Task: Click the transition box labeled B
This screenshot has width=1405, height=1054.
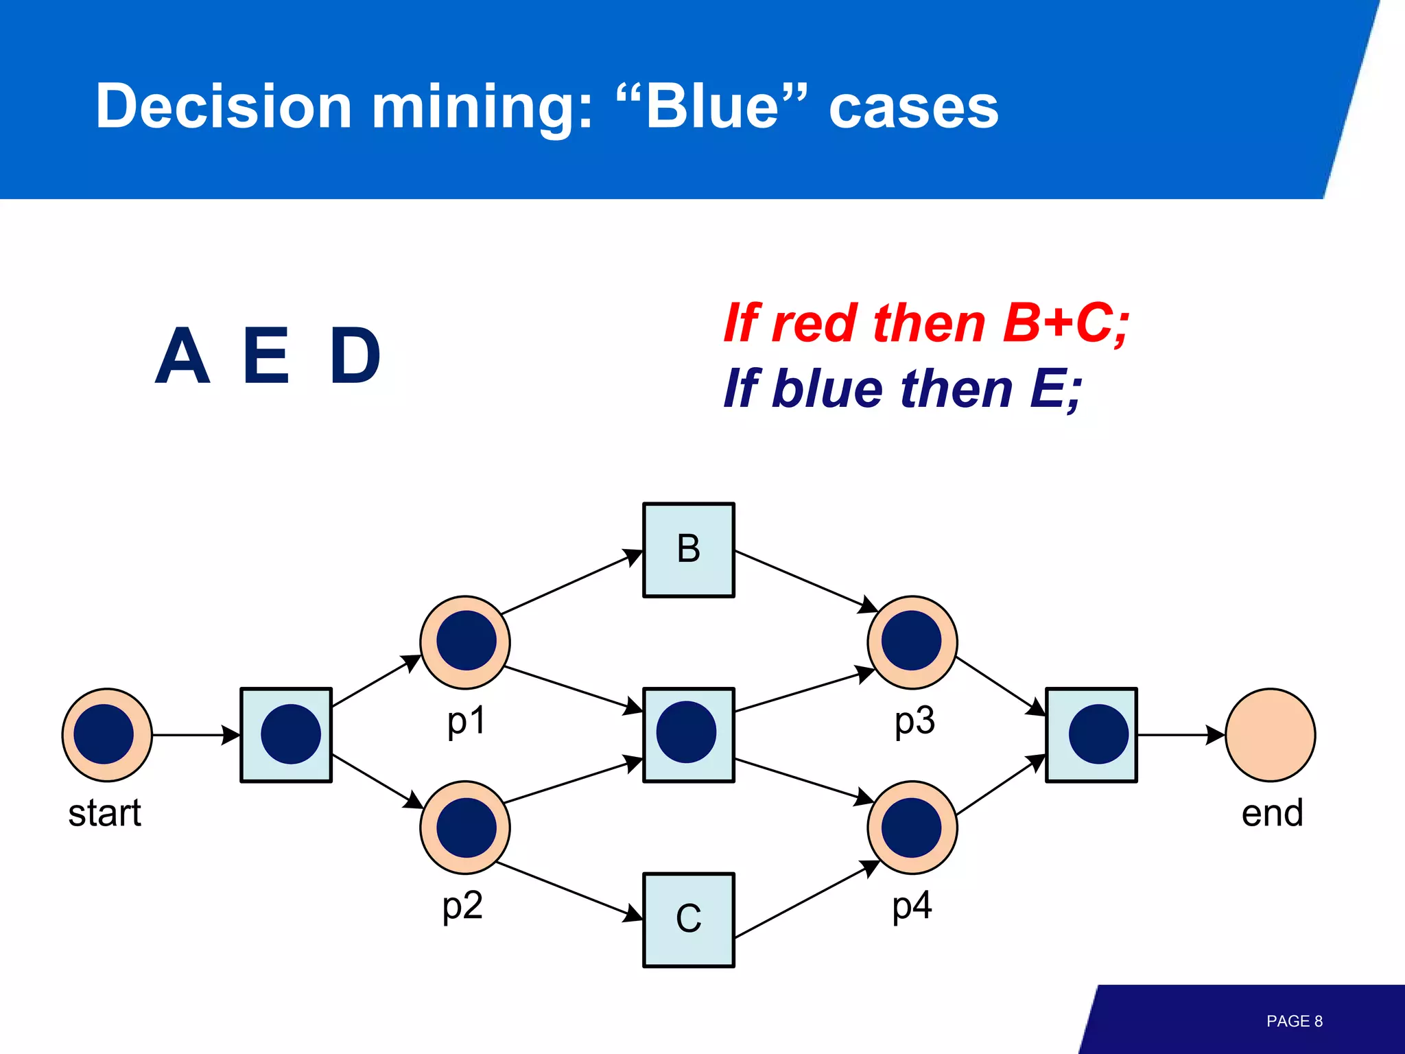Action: (x=688, y=550)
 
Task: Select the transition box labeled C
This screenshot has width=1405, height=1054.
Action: (x=688, y=920)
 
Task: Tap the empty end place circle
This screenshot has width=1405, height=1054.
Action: (x=1270, y=735)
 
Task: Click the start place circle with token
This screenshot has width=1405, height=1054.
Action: (x=106, y=735)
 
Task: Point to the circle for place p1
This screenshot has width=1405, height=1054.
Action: (x=465, y=642)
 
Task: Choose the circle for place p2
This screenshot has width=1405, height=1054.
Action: (x=465, y=827)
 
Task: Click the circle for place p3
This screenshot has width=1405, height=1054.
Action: (x=912, y=642)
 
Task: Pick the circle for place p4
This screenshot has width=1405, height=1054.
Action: (x=912, y=827)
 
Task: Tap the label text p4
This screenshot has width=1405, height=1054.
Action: (x=912, y=906)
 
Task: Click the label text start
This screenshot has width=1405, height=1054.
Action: (x=104, y=813)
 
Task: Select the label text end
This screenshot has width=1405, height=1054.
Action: (x=1272, y=813)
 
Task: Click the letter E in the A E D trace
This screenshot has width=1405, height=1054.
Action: (x=266, y=355)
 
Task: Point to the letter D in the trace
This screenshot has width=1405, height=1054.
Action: (x=355, y=355)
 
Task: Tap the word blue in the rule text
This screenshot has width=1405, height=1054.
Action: (x=827, y=388)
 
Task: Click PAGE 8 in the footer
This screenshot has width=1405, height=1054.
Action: (x=1294, y=1021)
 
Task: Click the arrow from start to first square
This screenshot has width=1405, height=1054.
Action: (x=196, y=735)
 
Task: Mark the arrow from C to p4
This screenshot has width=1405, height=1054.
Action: (x=806, y=900)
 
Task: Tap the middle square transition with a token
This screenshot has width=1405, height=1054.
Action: (x=688, y=734)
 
